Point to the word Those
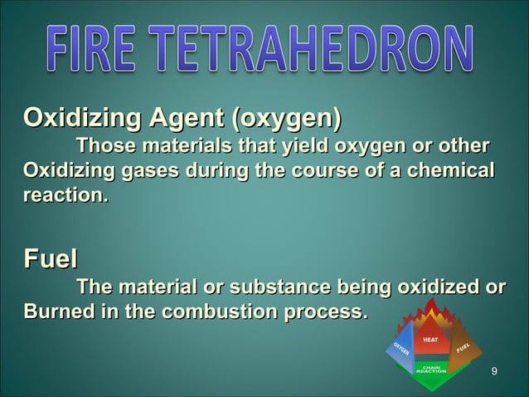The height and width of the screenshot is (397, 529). point(107,147)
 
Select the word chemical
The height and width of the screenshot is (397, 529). point(447,173)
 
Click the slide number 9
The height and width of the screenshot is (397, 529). point(494,370)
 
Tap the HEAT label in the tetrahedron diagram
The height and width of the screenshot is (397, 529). point(431,340)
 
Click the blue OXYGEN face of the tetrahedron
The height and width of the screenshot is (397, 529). point(399,352)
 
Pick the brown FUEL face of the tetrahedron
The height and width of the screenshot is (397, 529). point(463,349)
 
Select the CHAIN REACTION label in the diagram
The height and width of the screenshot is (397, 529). point(431,370)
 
